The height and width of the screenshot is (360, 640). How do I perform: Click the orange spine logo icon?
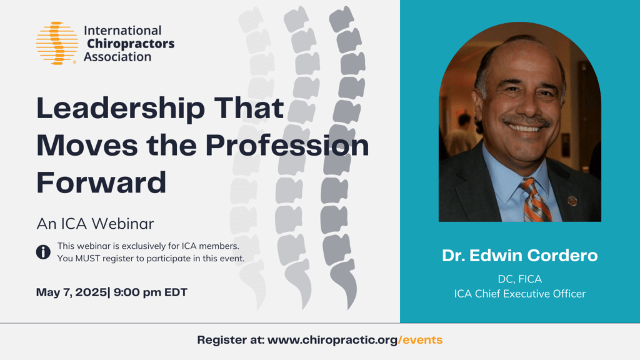pos(57,43)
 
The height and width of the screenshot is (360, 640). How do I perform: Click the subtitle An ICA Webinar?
pos(95,222)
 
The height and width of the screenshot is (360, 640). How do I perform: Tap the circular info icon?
pos(43,252)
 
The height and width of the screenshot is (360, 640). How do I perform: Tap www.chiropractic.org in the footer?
pos(332,340)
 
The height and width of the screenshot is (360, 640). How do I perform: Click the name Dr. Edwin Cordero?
pos(519,256)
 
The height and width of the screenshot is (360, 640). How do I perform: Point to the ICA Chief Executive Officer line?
pos(519,293)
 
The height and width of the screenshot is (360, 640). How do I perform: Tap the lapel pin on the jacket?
pos(571,201)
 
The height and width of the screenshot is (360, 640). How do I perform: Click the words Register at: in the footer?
pos(230,340)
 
